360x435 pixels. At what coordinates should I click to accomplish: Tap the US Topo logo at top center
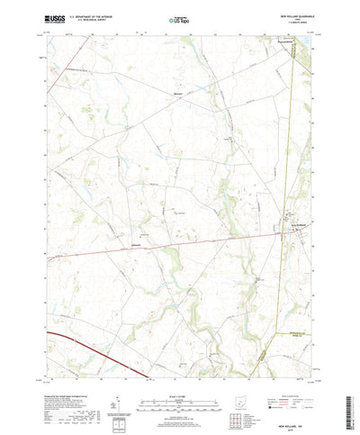[x=179, y=15]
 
